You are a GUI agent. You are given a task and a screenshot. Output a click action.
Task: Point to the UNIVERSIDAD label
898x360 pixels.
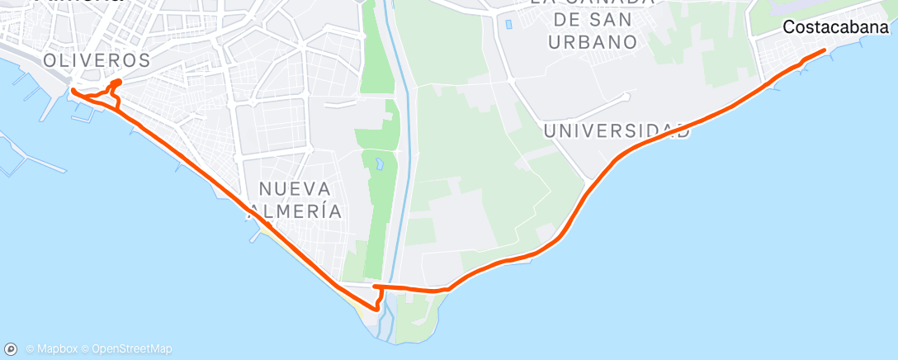tap(617, 130)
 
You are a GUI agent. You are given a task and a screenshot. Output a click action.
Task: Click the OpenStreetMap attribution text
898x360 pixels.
tap(132, 349)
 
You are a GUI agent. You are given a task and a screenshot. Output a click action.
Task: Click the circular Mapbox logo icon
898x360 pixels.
tap(12, 349)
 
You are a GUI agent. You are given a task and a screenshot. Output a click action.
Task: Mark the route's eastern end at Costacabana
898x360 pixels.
tap(825, 51)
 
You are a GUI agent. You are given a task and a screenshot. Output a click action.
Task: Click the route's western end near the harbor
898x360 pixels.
tap(73, 91)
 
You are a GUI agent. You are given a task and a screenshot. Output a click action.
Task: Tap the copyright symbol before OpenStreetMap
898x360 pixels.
tap(86, 349)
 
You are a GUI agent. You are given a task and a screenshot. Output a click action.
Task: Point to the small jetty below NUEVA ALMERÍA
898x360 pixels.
tap(253, 240)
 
